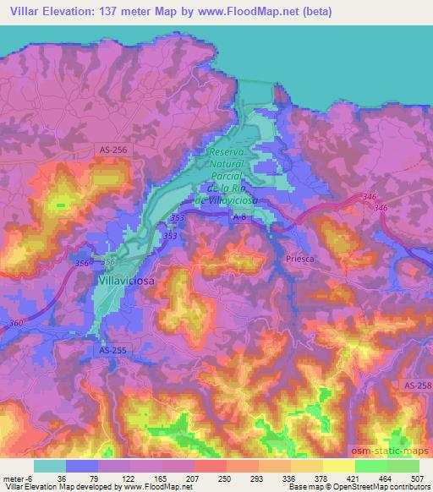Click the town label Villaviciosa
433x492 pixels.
tap(127, 278)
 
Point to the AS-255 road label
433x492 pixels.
tap(112, 349)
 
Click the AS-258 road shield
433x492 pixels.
tap(417, 385)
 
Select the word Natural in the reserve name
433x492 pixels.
tap(226, 164)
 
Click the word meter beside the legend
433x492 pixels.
tap(12, 478)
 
